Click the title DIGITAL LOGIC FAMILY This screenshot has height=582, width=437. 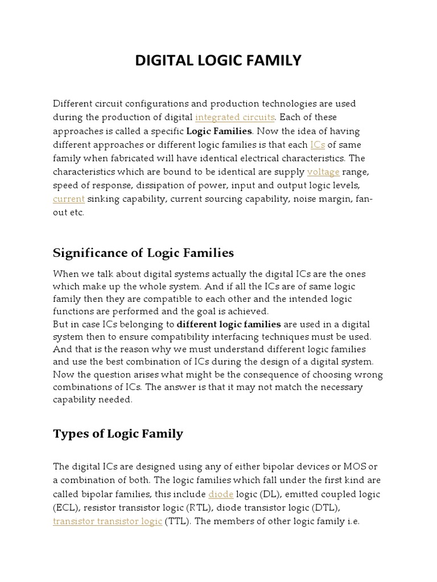[x=218, y=60]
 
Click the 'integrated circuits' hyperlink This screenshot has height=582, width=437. [x=234, y=117]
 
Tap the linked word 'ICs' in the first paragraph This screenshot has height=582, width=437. [x=318, y=144]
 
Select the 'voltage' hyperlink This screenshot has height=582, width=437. [x=323, y=172]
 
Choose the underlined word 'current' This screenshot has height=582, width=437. [x=69, y=199]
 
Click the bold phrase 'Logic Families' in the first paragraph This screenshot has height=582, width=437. [x=219, y=131]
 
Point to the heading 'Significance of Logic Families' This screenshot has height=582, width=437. [x=143, y=252]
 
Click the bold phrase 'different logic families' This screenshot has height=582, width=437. [x=229, y=324]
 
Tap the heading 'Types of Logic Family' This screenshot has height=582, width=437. [x=118, y=434]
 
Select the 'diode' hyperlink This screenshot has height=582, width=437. [x=221, y=493]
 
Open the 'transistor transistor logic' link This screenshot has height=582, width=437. [x=108, y=521]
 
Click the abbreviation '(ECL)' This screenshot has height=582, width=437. [x=64, y=507]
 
